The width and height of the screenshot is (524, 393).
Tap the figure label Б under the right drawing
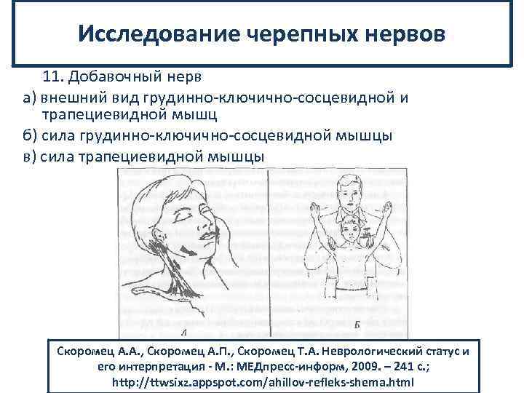[357, 324]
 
